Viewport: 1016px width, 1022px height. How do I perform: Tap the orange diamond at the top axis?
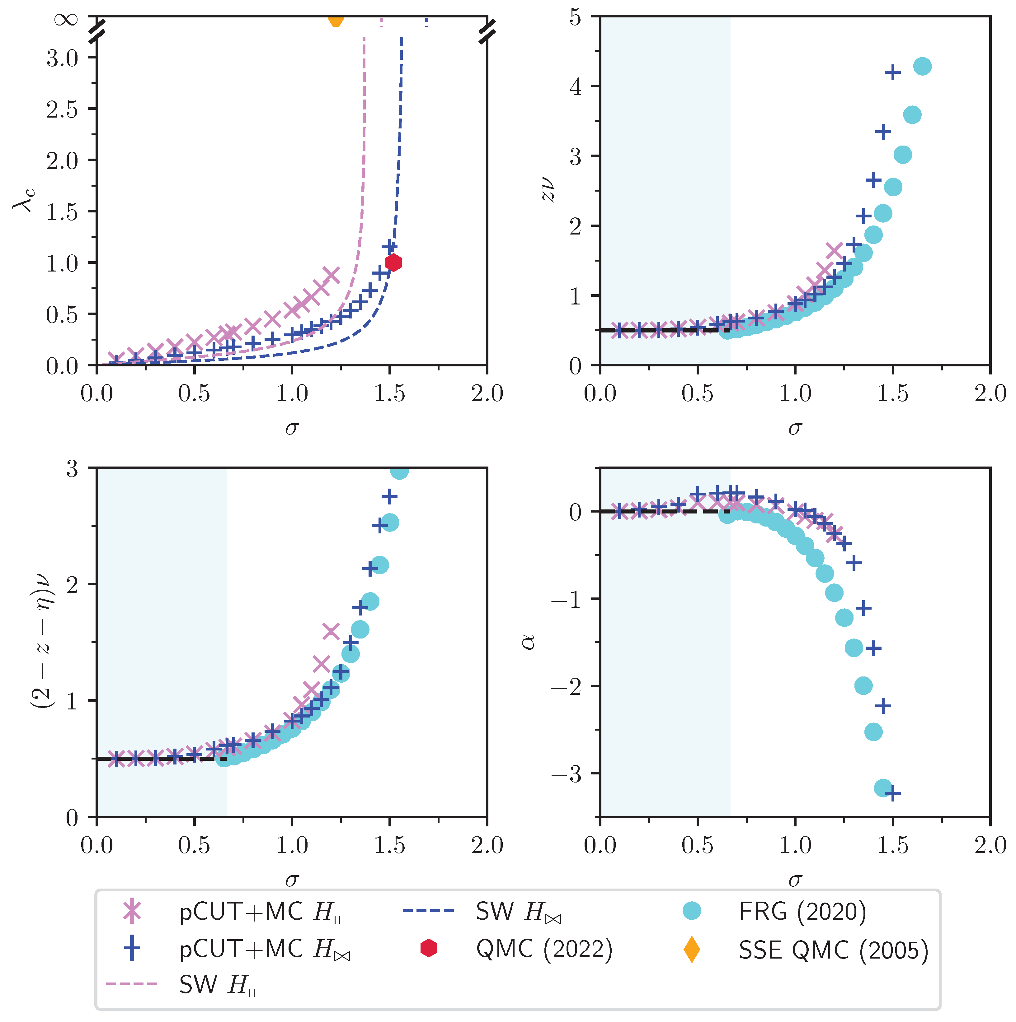click(x=336, y=20)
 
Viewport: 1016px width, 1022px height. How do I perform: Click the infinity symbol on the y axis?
click(x=67, y=20)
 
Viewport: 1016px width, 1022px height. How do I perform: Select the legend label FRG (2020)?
click(x=802, y=912)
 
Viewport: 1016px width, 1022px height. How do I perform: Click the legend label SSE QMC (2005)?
click(x=833, y=950)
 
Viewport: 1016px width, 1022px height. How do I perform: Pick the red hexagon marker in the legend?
click(x=428, y=949)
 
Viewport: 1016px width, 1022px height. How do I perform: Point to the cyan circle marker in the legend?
click(x=691, y=911)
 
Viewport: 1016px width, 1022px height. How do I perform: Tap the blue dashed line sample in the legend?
click(x=428, y=911)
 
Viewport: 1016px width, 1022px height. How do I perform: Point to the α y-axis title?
click(x=528, y=642)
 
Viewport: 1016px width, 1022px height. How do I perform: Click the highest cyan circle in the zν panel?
click(x=922, y=67)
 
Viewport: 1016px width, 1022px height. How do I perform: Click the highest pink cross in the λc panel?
click(x=331, y=275)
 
